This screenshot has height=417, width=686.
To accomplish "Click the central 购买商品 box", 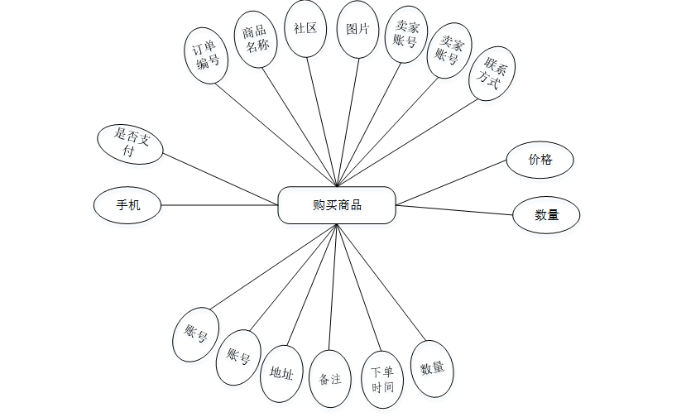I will pyautogui.click(x=337, y=205).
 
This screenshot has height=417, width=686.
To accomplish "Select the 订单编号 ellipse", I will pyautogui.click(x=206, y=55).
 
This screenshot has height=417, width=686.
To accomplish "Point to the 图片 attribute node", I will pyautogui.click(x=357, y=28).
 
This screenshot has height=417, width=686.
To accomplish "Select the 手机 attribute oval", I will pyautogui.click(x=127, y=204).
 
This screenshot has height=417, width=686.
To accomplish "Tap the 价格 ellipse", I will pyautogui.click(x=540, y=160).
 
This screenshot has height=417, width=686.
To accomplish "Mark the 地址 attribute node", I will pyautogui.click(x=281, y=373).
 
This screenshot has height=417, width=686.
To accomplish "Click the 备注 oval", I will pyautogui.click(x=330, y=379).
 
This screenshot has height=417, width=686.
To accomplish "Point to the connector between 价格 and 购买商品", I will pyautogui.click(x=451, y=183).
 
